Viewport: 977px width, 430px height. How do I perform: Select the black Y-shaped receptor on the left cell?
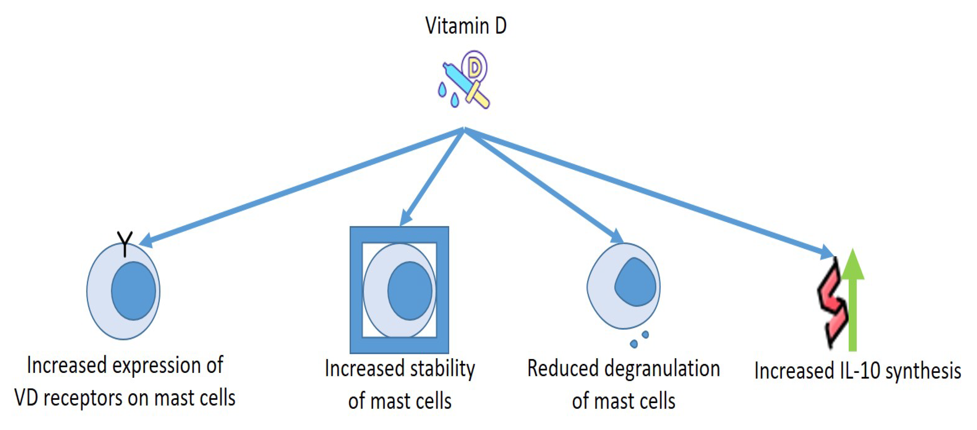point(125,243)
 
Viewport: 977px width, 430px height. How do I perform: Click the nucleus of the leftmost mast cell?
point(133,291)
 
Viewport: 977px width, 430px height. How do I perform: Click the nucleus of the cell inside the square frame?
point(410,291)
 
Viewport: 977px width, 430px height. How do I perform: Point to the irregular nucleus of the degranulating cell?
point(635,282)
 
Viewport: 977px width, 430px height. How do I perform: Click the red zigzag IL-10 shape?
point(832,304)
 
